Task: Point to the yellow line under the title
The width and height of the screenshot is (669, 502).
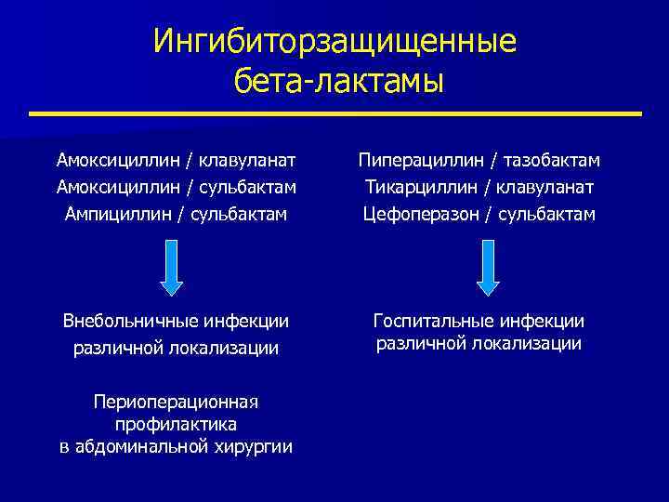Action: [334, 114]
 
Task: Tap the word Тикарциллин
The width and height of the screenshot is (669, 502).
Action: [414, 187]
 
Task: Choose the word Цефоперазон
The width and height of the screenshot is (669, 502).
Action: [420, 214]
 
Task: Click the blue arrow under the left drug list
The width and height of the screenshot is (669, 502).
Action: [173, 268]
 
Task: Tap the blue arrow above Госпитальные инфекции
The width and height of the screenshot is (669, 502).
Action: [489, 268]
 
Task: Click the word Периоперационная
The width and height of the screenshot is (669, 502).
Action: [176, 401]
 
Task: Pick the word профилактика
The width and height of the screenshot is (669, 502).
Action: [176, 424]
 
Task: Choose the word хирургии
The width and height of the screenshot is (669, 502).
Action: [257, 447]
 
